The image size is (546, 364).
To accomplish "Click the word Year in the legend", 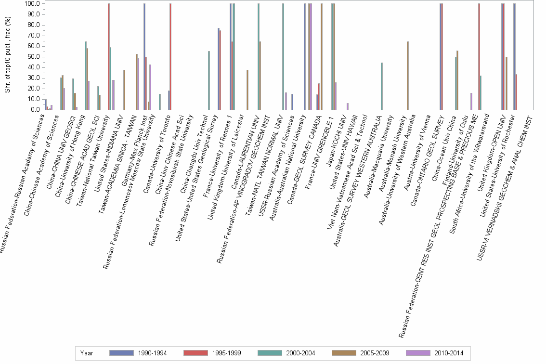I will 87,353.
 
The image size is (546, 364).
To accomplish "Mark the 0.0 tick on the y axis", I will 36,110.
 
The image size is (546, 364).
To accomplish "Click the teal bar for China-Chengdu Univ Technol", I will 208,80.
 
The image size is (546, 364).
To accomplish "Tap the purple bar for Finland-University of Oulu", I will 471,102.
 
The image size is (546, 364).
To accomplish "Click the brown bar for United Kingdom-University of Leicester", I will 247,90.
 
